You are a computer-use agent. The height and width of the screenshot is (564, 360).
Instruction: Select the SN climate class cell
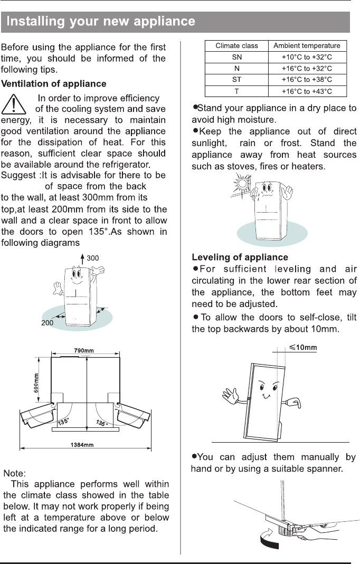(237, 57)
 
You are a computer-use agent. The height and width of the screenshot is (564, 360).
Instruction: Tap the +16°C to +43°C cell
(307, 91)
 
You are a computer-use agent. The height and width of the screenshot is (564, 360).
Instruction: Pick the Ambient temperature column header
(307, 46)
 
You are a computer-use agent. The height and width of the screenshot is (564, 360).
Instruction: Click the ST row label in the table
(237, 80)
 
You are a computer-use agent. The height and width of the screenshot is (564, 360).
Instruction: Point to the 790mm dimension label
(84, 350)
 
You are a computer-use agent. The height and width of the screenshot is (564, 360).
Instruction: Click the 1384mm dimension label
(82, 445)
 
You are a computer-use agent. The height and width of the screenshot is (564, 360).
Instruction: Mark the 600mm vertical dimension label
(36, 383)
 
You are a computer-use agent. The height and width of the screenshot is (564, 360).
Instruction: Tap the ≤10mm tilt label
(303, 348)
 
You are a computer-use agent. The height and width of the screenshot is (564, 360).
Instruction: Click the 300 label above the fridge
(92, 259)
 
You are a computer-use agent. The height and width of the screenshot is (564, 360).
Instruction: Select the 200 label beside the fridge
(47, 323)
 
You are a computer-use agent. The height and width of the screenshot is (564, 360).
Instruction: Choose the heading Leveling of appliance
(240, 257)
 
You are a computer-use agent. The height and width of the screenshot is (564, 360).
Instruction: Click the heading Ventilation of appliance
(54, 84)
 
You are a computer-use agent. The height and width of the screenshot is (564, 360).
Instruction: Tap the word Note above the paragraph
(14, 473)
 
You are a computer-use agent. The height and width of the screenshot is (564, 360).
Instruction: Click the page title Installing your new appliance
(101, 21)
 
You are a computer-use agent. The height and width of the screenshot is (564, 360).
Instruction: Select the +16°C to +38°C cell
(307, 80)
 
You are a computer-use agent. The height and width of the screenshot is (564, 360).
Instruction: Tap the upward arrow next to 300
(82, 259)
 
